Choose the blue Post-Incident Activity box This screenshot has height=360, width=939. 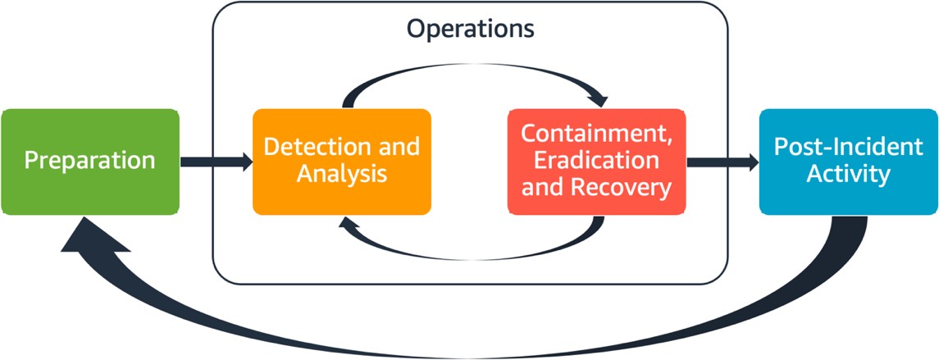(x=848, y=162)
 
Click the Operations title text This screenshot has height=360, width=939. (x=471, y=29)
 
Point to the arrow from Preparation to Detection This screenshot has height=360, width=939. (x=216, y=162)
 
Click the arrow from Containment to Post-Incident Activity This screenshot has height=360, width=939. (x=722, y=162)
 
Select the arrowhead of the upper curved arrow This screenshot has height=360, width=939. (x=599, y=99)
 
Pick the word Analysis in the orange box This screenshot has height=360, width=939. (x=341, y=174)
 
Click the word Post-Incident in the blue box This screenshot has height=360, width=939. (x=848, y=148)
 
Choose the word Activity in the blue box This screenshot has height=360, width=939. (x=848, y=175)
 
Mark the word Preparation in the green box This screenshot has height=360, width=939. (x=89, y=160)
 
